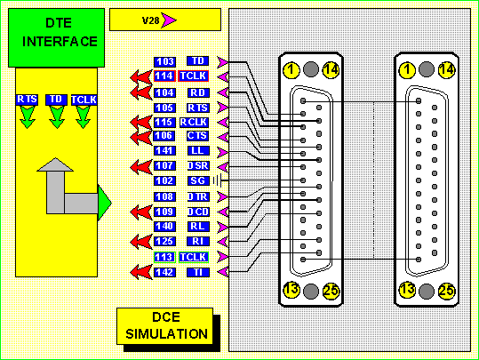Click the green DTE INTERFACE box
coord(56,37)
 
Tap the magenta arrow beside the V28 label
coord(169,20)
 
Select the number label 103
coord(164,61)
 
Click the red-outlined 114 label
coord(164,76)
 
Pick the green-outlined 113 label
coord(164,257)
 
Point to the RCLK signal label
coord(194,123)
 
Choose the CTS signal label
coord(197,135)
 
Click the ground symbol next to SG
coord(217,180)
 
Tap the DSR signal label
coord(198,166)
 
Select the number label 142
coord(164,272)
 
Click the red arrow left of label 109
coord(141,212)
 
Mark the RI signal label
coord(198,241)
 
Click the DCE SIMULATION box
coord(165,326)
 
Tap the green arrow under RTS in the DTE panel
coord(28,117)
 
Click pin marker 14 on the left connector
coord(331,70)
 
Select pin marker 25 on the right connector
coord(447,291)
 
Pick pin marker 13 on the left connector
coord(291,290)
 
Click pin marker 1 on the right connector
coord(407,70)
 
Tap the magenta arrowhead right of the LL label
coord(223,152)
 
